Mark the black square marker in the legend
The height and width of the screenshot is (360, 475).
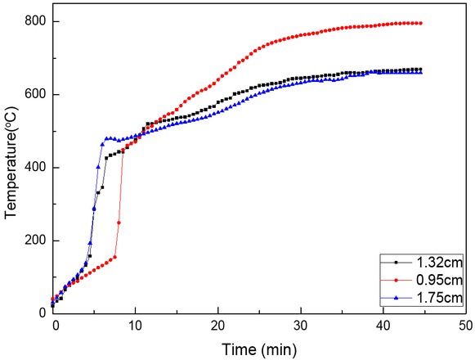(395, 263)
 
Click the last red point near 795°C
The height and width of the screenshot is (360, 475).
(420, 23)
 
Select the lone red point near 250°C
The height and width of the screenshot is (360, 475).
(119, 223)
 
